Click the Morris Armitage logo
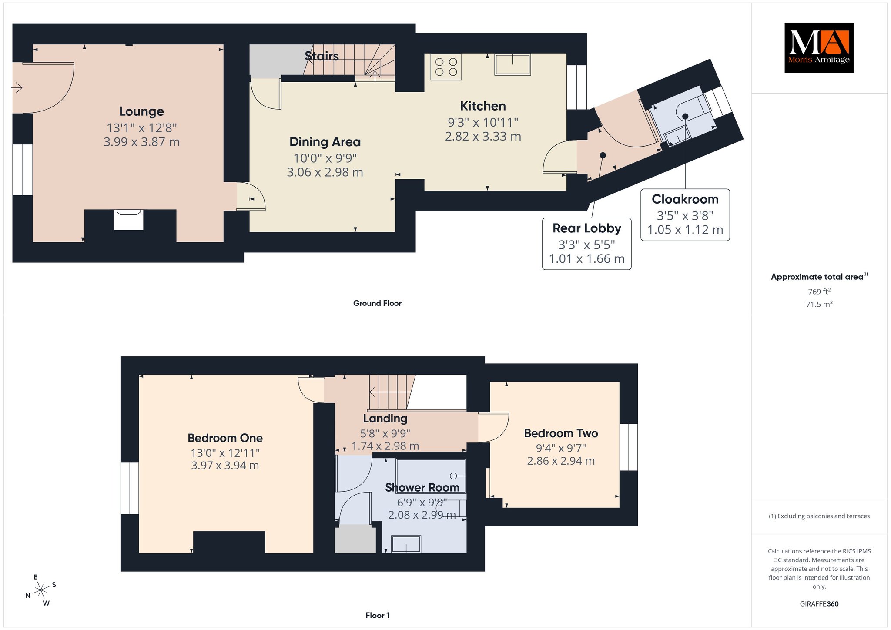tap(819, 48)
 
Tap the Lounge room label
tap(141, 111)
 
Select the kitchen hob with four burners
tap(446, 67)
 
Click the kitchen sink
tap(512, 64)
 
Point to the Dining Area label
tap(325, 142)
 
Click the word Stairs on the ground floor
tap(322, 56)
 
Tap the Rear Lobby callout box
tap(587, 244)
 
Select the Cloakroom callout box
tap(685, 214)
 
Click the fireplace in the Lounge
tap(128, 219)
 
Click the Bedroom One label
tap(225, 438)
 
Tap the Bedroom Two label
tap(561, 433)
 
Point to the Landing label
tap(385, 418)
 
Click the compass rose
tap(42, 590)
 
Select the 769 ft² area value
tap(819, 291)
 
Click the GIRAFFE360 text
tap(819, 604)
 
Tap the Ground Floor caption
tap(377, 303)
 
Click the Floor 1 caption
tap(378, 615)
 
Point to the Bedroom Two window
tap(629, 447)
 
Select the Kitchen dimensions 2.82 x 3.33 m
tap(483, 136)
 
